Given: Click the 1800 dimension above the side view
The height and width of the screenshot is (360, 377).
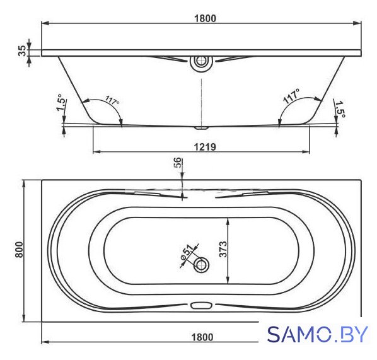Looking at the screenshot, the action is (x=205, y=18).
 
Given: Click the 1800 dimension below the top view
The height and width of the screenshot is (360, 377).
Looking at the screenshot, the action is (x=202, y=337).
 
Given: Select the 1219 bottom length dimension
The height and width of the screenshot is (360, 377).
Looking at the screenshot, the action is (x=205, y=147).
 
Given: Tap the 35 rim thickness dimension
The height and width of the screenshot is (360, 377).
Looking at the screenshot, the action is (x=22, y=50).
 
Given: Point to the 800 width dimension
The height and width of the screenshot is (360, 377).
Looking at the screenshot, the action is (x=20, y=250).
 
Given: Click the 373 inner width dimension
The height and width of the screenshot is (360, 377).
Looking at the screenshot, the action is (x=223, y=249).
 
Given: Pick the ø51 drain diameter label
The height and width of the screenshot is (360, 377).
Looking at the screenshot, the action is (x=187, y=252).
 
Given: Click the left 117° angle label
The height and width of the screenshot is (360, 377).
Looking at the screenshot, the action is (x=112, y=100).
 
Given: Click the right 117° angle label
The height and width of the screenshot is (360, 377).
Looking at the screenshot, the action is (x=291, y=96).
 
